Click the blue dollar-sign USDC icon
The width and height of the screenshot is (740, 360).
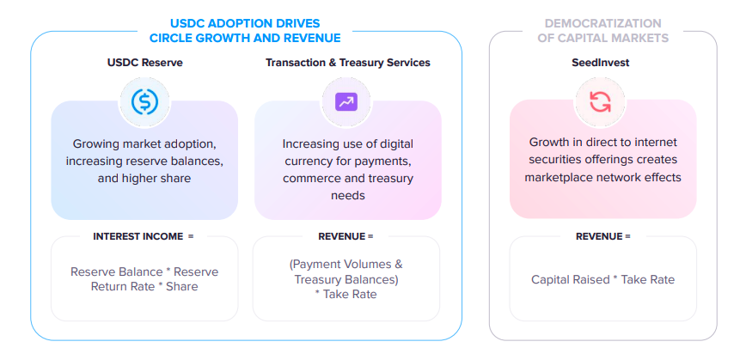click(144, 102)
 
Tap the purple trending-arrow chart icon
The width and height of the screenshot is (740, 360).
click(346, 101)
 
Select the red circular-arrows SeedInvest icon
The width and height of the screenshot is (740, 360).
click(600, 101)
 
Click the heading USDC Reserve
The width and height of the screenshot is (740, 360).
click(145, 63)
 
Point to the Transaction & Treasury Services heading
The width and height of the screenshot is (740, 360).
click(348, 63)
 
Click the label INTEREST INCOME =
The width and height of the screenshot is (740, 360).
click(144, 236)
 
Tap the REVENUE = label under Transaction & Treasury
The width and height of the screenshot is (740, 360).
click(346, 236)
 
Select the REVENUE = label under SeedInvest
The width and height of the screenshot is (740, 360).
click(602, 236)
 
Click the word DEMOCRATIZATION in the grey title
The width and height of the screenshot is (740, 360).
click(602, 23)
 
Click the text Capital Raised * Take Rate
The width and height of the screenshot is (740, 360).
click(602, 279)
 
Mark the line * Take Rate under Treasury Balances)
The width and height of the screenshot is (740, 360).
click(346, 295)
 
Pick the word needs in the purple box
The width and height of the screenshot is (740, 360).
click(348, 195)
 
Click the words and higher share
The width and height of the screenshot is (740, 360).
click(144, 179)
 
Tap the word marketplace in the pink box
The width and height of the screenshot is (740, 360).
click(555, 177)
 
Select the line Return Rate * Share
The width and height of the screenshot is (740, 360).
click(144, 286)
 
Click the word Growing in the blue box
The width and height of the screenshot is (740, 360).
click(93, 143)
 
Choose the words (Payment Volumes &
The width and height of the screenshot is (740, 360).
click(346, 265)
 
